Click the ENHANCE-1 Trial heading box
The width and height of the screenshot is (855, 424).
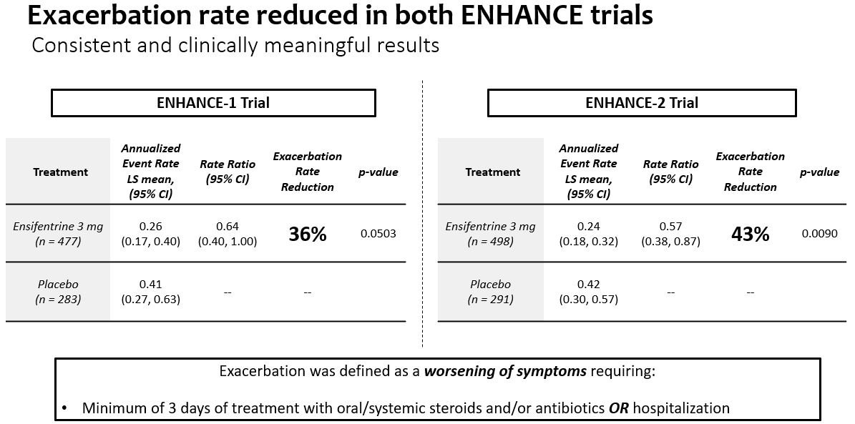tap(213, 102)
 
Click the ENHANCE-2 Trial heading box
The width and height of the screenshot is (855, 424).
tap(641, 102)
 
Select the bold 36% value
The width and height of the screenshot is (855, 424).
tap(308, 234)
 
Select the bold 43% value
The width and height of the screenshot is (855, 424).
tap(750, 234)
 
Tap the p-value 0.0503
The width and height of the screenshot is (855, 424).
tap(378, 234)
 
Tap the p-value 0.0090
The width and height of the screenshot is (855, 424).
tap(820, 234)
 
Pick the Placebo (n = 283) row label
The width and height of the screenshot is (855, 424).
tap(58, 292)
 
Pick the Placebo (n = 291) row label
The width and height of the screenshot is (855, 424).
tap(490, 292)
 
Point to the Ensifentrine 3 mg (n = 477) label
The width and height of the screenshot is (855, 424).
tap(58, 234)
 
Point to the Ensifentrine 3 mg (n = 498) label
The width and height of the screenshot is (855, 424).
tap(490, 234)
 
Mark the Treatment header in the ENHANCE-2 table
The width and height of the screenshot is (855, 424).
tap(492, 172)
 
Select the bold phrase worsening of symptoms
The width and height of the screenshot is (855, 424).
tap(506, 372)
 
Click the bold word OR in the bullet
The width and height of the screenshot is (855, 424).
tap(618, 409)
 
